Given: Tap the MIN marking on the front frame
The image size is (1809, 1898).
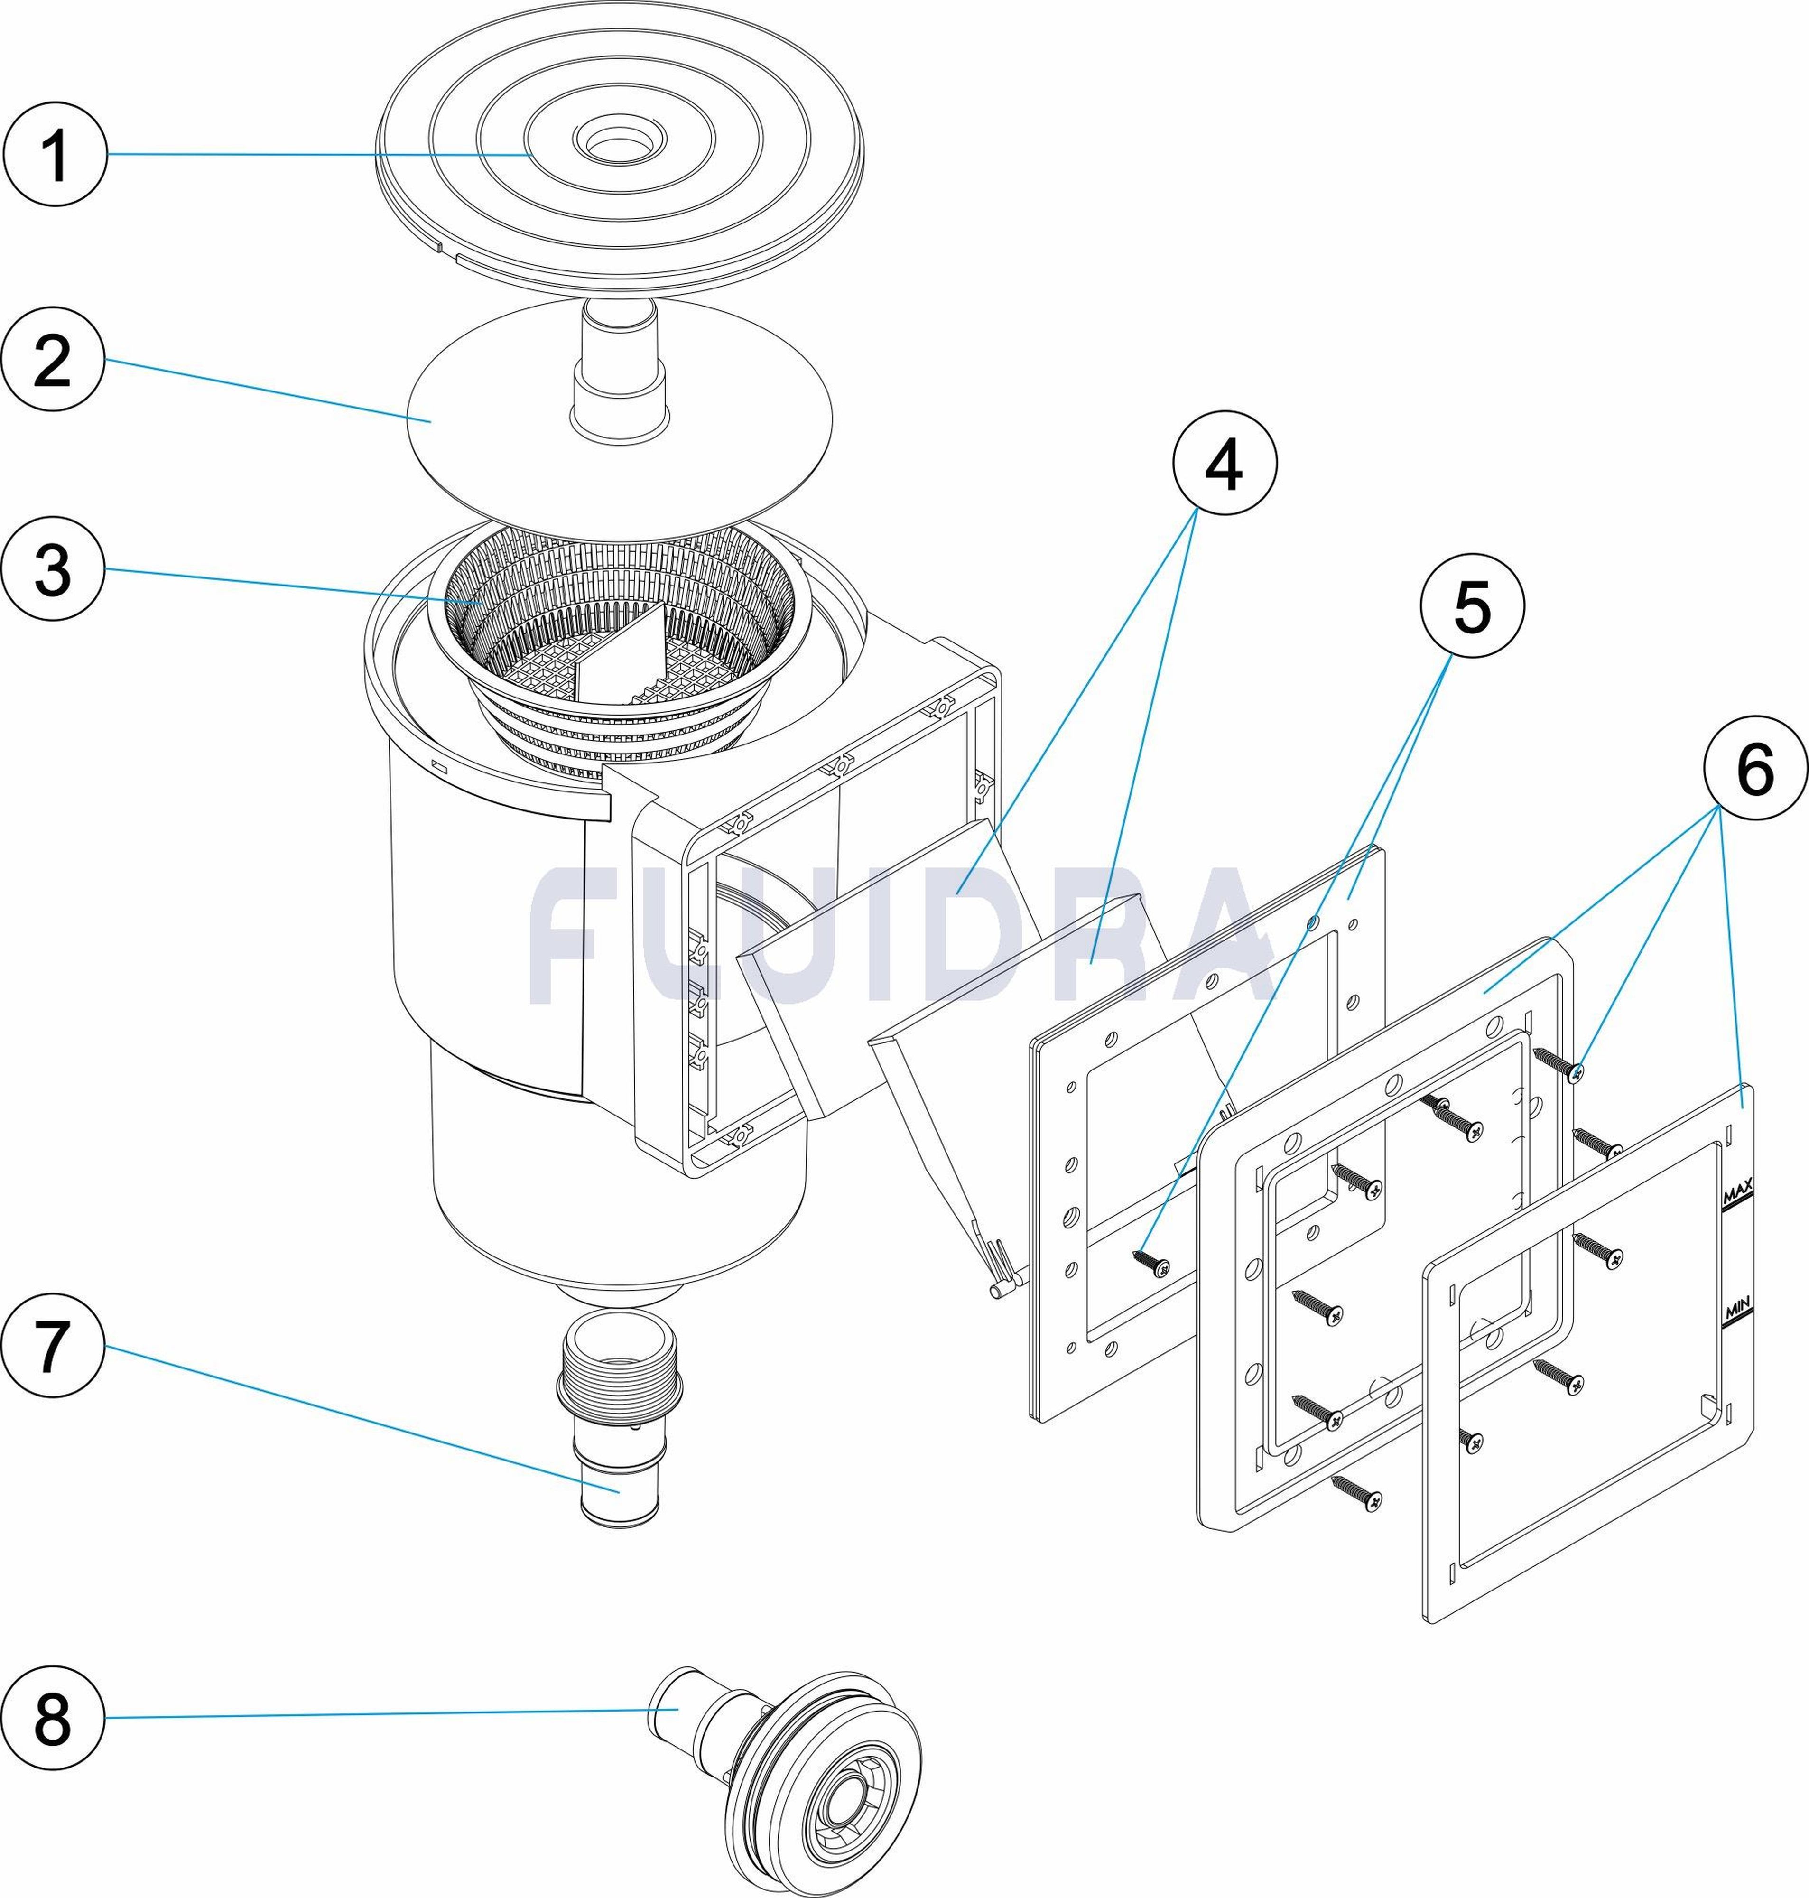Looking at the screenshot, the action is click(x=1737, y=1312).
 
